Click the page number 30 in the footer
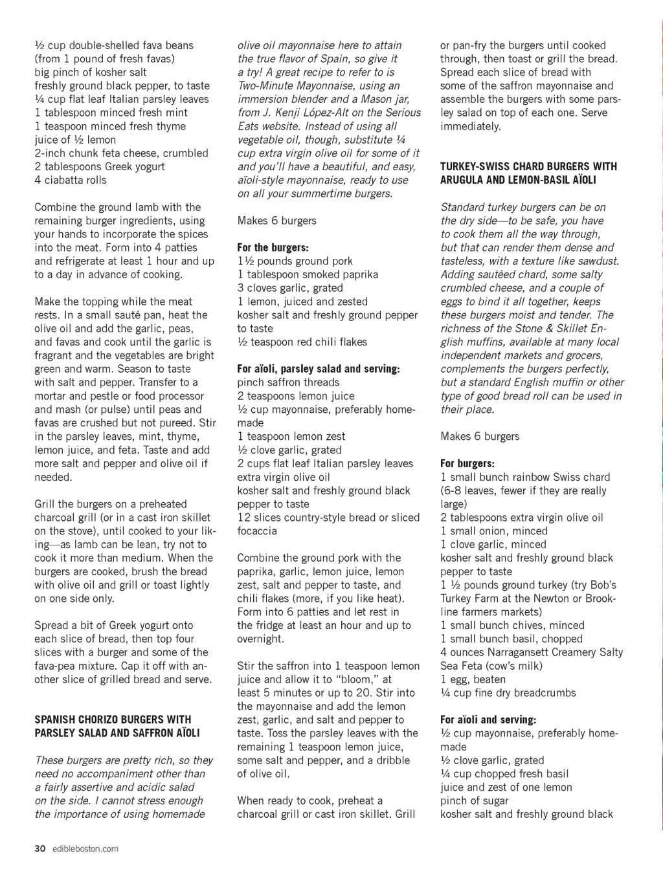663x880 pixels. tap(39, 849)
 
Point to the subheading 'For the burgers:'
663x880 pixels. tap(273, 248)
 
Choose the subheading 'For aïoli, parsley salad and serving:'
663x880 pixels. tap(319, 369)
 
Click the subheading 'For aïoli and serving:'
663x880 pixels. tap(488, 720)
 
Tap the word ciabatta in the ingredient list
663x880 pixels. tap(63, 180)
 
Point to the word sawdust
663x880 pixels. tap(598, 261)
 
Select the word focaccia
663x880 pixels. tap(257, 531)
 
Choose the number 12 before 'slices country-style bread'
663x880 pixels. tap(243, 518)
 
